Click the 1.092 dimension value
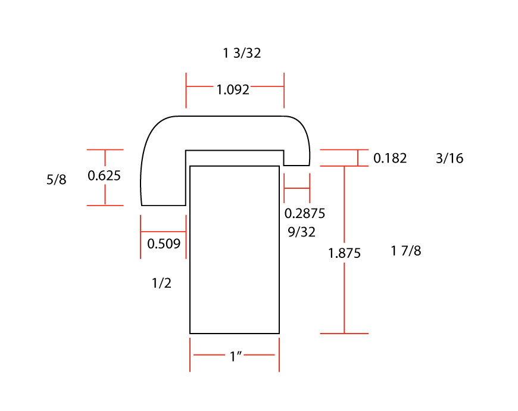click(x=232, y=90)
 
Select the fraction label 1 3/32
click(x=242, y=53)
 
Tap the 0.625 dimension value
click(x=104, y=176)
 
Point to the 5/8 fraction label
click(x=57, y=180)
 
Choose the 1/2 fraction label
click(x=162, y=284)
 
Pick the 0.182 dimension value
click(x=390, y=158)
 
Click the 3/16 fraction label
click(x=450, y=158)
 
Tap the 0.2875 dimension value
click(x=305, y=213)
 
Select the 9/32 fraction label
click(x=302, y=232)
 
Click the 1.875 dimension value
click(x=345, y=253)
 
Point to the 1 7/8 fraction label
click(x=406, y=251)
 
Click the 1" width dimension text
click(x=235, y=357)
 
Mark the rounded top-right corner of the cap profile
click(x=301, y=126)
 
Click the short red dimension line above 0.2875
click(x=297, y=188)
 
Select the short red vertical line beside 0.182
click(x=358, y=157)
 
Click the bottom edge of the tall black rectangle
click(x=235, y=334)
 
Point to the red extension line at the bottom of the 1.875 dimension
click(x=344, y=334)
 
